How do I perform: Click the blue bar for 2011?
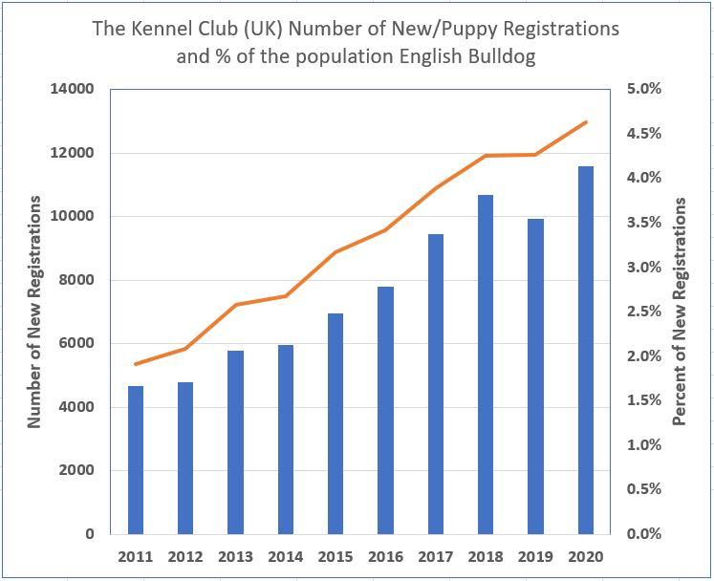tap(136, 460)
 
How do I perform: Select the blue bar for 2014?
tap(286, 439)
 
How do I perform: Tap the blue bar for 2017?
tap(436, 383)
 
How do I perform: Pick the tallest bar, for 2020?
tap(586, 350)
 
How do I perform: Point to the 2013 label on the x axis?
tap(236, 557)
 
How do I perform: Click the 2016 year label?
tap(386, 557)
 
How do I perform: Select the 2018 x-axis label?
tap(486, 557)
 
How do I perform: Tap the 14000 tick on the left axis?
tap(73, 89)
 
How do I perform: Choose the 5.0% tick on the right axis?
tap(643, 89)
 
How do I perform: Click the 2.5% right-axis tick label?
tap(643, 312)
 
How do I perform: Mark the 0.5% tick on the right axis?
tap(643, 489)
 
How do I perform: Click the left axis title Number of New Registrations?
tap(34, 312)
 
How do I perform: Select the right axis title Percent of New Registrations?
tap(681, 312)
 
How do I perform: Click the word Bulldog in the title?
tap(501, 55)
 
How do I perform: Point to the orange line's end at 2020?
tap(586, 122)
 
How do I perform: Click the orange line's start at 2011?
tap(136, 364)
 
